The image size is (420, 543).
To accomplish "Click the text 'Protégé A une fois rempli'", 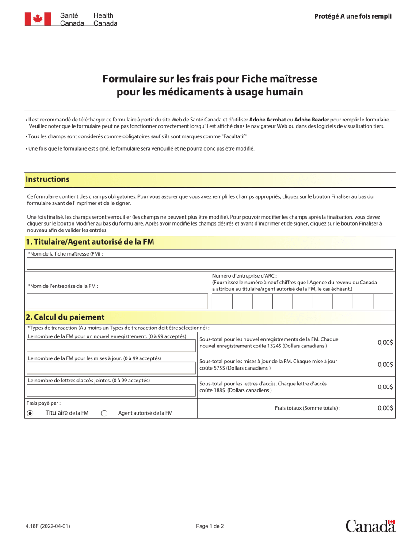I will pyautogui.click(x=353, y=16).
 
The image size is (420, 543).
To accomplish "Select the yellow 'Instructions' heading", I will pyautogui.click(x=48, y=179).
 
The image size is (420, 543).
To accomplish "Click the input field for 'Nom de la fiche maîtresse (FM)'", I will pyautogui.click(x=210, y=264).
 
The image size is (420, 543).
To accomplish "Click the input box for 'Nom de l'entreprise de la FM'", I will pyautogui.click(x=117, y=301).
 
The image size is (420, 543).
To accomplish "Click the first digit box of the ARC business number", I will pyautogui.click(x=222, y=301).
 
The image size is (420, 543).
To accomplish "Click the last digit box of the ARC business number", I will pyautogui.click(x=383, y=301).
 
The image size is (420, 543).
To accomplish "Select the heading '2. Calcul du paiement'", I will pyautogui.click(x=65, y=317).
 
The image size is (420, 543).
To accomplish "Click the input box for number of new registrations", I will pyautogui.click(x=111, y=346).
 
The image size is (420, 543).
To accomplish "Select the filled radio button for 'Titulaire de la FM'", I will pyautogui.click(x=30, y=413).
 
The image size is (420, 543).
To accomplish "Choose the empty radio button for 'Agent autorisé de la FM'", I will pyautogui.click(x=104, y=413).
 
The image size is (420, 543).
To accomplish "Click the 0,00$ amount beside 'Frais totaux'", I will pyautogui.click(x=385, y=408).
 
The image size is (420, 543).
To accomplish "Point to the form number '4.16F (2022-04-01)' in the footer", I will pyautogui.click(x=47, y=526).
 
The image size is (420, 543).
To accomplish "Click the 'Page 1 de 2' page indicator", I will pyautogui.click(x=210, y=526).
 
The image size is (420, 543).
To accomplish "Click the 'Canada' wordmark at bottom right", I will pyautogui.click(x=370, y=526).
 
